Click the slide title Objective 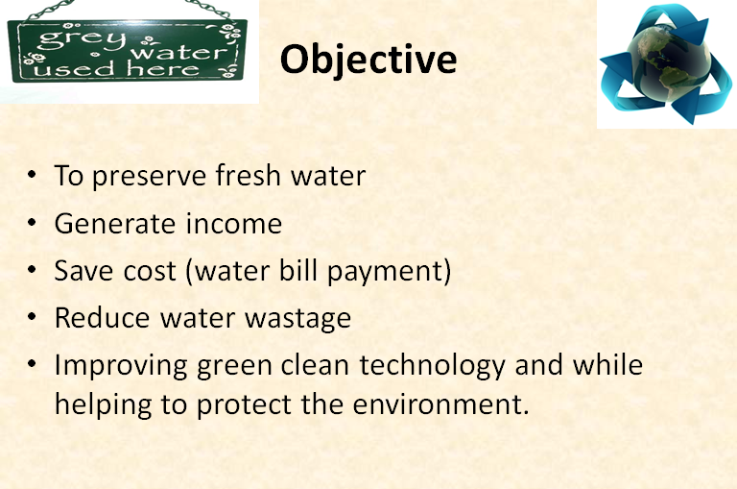tap(368, 61)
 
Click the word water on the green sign tap(179, 52)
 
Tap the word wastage tap(298, 319)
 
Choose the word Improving tap(121, 366)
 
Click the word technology tap(433, 366)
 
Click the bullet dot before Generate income tap(32, 222)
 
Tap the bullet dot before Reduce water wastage tap(32, 316)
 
